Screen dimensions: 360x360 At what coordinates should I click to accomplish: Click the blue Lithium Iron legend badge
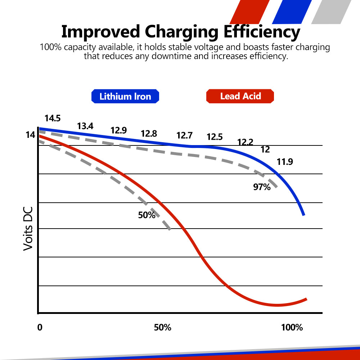pos(125,96)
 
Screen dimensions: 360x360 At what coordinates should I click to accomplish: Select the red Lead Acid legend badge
pos(240,96)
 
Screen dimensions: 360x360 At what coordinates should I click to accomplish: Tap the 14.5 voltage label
pos(53,118)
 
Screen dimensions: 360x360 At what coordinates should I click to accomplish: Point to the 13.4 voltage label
pos(85,126)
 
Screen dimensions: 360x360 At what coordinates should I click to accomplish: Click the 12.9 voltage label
pos(118,130)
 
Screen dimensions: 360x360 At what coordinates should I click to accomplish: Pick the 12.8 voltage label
pos(149,134)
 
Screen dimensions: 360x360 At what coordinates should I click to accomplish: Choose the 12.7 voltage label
pos(184,136)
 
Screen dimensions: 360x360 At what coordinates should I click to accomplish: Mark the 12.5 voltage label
pos(215,137)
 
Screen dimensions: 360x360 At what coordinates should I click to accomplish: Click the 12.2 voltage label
pos(245,142)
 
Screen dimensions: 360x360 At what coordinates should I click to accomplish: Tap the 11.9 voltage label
pos(285,162)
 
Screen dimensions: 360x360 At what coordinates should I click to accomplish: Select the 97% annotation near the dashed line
pos(262,187)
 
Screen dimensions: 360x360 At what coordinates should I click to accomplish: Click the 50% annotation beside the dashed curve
pos(147,215)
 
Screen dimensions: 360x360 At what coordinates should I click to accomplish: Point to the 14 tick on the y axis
pos(30,135)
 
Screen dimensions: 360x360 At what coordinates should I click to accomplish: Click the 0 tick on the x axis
pos(40,328)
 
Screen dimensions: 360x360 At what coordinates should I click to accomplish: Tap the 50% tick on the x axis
pos(163,328)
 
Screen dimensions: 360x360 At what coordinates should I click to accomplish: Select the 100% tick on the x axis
pos(292,328)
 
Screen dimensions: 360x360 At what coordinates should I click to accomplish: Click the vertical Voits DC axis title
pos(28,229)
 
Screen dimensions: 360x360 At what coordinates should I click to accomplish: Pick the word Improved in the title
pos(100,32)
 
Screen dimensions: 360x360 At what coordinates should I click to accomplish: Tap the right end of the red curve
pos(306,299)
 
